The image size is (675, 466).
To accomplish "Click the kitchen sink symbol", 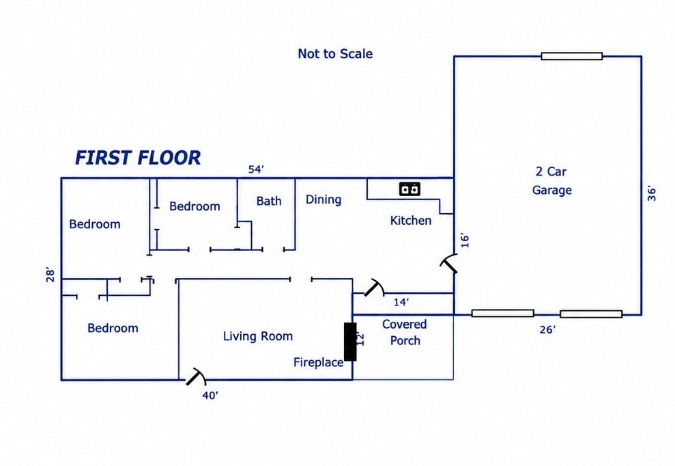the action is pyautogui.click(x=410, y=189).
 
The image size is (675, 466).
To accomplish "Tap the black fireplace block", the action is pyautogui.click(x=350, y=342).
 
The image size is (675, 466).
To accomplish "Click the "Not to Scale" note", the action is pyautogui.click(x=335, y=54).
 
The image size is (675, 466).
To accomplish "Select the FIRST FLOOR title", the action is pyautogui.click(x=138, y=158).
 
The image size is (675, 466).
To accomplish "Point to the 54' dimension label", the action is pyautogui.click(x=256, y=169).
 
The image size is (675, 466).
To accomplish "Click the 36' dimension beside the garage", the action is pyautogui.click(x=652, y=194).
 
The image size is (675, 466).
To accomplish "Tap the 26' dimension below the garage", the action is pyautogui.click(x=547, y=330).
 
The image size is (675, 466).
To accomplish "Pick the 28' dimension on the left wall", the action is pyautogui.click(x=51, y=275).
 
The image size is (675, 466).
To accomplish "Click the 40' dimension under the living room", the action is pyautogui.click(x=210, y=396).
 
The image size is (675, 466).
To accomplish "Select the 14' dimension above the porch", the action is pyautogui.click(x=401, y=302).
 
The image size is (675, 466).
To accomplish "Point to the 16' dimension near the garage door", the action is pyautogui.click(x=465, y=241).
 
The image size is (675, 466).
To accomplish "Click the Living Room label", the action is pyautogui.click(x=258, y=336).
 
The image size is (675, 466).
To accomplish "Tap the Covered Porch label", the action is pyautogui.click(x=405, y=332).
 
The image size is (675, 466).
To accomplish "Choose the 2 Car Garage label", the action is pyautogui.click(x=552, y=180).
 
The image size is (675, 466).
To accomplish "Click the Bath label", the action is pyautogui.click(x=269, y=201).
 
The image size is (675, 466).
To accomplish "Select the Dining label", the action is pyautogui.click(x=324, y=200).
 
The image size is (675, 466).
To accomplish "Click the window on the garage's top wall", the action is pyautogui.click(x=572, y=56).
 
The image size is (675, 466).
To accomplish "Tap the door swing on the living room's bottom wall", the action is pyautogui.click(x=197, y=376).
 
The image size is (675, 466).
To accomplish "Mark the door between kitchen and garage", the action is pyautogui.click(x=449, y=263).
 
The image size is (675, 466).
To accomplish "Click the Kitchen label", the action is pyautogui.click(x=411, y=221).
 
